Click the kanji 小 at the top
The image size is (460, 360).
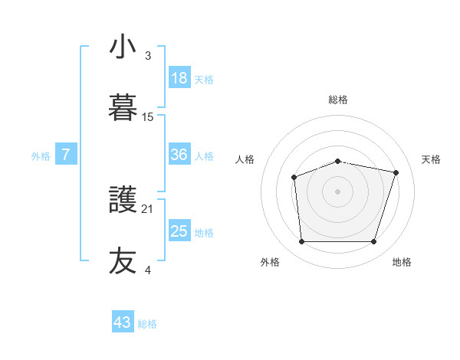tap(123, 47)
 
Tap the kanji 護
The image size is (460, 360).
tap(123, 200)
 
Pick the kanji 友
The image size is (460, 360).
tap(123, 260)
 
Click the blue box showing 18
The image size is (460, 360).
tap(179, 78)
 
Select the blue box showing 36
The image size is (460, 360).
tap(179, 155)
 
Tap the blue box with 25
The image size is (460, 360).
tap(179, 231)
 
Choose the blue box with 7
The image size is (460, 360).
tap(66, 155)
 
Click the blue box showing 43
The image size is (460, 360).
tap(123, 322)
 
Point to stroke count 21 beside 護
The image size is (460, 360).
tap(147, 208)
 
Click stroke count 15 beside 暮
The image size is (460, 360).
tap(147, 116)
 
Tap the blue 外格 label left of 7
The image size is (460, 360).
tap(41, 155)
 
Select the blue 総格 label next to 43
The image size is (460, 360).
tap(147, 324)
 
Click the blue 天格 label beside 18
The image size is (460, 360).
tap(204, 79)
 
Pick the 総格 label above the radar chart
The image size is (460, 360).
tap(338, 100)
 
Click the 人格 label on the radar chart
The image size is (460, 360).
tap(245, 159)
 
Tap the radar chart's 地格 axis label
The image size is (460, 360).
tap(402, 263)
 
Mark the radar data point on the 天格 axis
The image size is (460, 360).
tap(396, 172)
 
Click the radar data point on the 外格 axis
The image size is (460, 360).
tap(301, 242)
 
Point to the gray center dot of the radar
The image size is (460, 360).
tap(337, 191)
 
